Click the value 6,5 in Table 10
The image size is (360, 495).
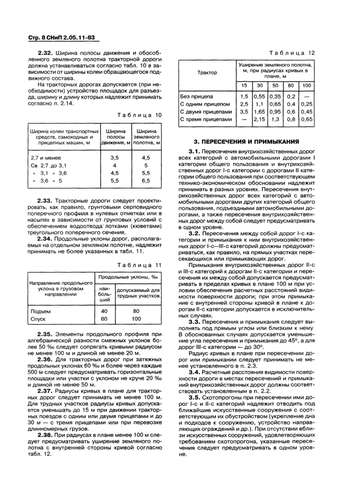[x=146, y=181]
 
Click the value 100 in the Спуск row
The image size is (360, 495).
[x=136, y=319]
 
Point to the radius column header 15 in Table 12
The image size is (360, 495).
[x=244, y=85]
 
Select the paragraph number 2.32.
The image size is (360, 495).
[x=45, y=53]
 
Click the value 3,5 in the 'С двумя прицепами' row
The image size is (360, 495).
[x=244, y=111]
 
